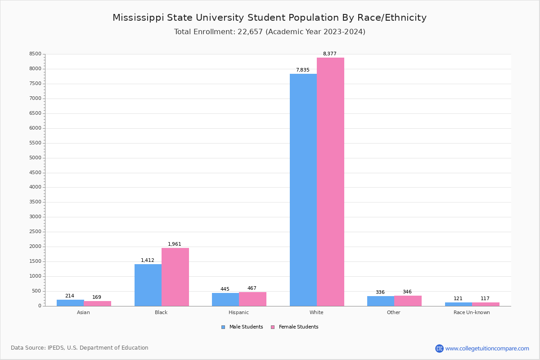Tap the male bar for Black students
pyautogui.click(x=148, y=285)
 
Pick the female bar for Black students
pyautogui.click(x=175, y=277)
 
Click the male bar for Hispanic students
pyautogui.click(x=225, y=300)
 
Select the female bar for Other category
pyautogui.click(x=408, y=301)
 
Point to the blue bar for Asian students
pyautogui.click(x=70, y=303)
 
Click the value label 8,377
pyautogui.click(x=329, y=54)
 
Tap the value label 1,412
pyautogui.click(x=148, y=261)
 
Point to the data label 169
pyautogui.click(x=97, y=297)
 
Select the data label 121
pyautogui.click(x=458, y=299)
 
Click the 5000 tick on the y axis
pyautogui.click(x=36, y=158)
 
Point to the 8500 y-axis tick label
pyautogui.click(x=36, y=54)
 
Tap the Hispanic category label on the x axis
pyautogui.click(x=238, y=312)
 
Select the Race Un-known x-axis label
pyautogui.click(x=472, y=312)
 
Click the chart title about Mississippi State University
pyautogui.click(x=270, y=18)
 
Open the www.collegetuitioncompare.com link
pyautogui.click(x=487, y=348)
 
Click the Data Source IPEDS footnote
pyautogui.click(x=80, y=348)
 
